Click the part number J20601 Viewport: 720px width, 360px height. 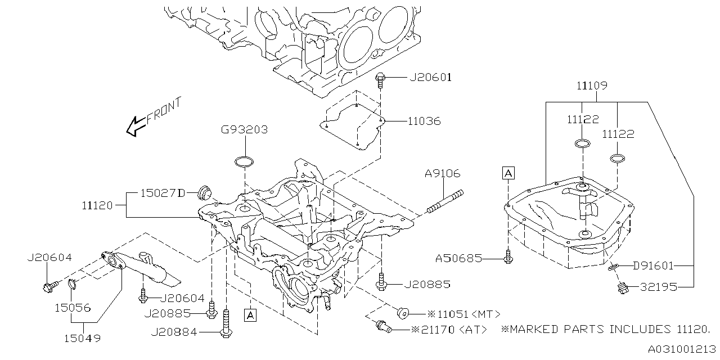coord(430,78)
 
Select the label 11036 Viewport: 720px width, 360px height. coord(425,121)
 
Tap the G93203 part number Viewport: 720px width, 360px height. coord(244,130)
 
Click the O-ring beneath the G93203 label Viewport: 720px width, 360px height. coord(244,163)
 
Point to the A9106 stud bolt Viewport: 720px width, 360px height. coord(444,202)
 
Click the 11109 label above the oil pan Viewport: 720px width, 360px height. coord(591,86)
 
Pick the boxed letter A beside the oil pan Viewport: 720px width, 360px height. coord(508,173)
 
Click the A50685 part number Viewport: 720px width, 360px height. coord(458,258)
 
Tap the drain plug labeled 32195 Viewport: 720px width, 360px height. coord(622,289)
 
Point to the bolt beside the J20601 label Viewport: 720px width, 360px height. coord(381,80)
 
